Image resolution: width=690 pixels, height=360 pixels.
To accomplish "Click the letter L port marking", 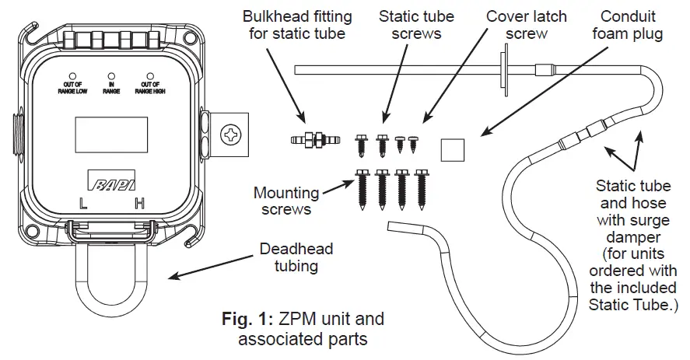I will click(x=83, y=204).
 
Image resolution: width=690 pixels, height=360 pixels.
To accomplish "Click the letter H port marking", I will click(x=140, y=204).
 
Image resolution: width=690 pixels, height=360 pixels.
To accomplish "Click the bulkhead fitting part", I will click(x=314, y=141).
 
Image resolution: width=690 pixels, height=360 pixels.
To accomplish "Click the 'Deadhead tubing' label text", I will click(x=296, y=257).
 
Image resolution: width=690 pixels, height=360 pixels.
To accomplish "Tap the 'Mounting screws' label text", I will click(x=286, y=201).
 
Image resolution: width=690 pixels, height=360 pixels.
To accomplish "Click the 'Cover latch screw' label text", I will click(x=527, y=25).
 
